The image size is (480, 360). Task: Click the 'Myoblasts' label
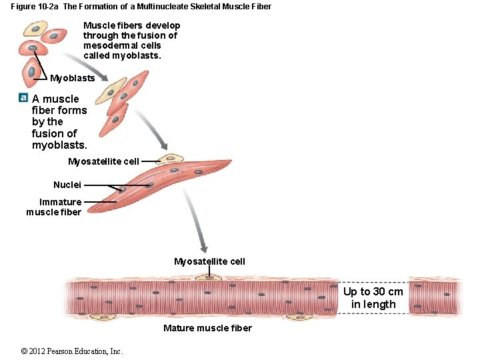[x=73, y=78]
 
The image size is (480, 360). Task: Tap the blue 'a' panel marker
[x=23, y=97]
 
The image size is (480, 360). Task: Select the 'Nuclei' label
[x=67, y=185]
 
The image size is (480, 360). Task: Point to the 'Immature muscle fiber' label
[x=54, y=207]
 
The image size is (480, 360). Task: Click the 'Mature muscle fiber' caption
[x=207, y=327]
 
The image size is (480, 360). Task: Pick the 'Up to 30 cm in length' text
[x=373, y=298]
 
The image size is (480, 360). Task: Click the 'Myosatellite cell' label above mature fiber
[x=209, y=261]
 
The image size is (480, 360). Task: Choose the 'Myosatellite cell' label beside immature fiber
[x=103, y=161]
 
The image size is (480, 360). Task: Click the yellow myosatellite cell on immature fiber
[x=171, y=159]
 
